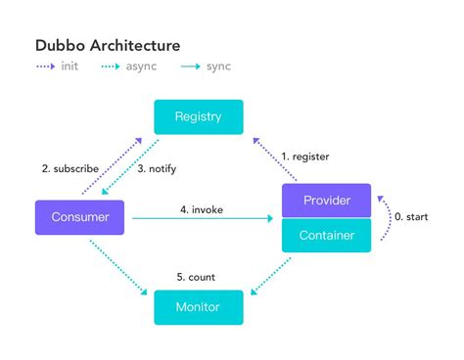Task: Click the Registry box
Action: [198, 117]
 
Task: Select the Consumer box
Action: [81, 216]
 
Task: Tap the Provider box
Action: [327, 201]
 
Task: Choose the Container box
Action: [327, 235]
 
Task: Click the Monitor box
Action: [198, 307]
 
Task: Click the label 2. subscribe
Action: [70, 168]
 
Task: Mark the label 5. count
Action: [197, 277]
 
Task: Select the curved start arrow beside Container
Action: [389, 217]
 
